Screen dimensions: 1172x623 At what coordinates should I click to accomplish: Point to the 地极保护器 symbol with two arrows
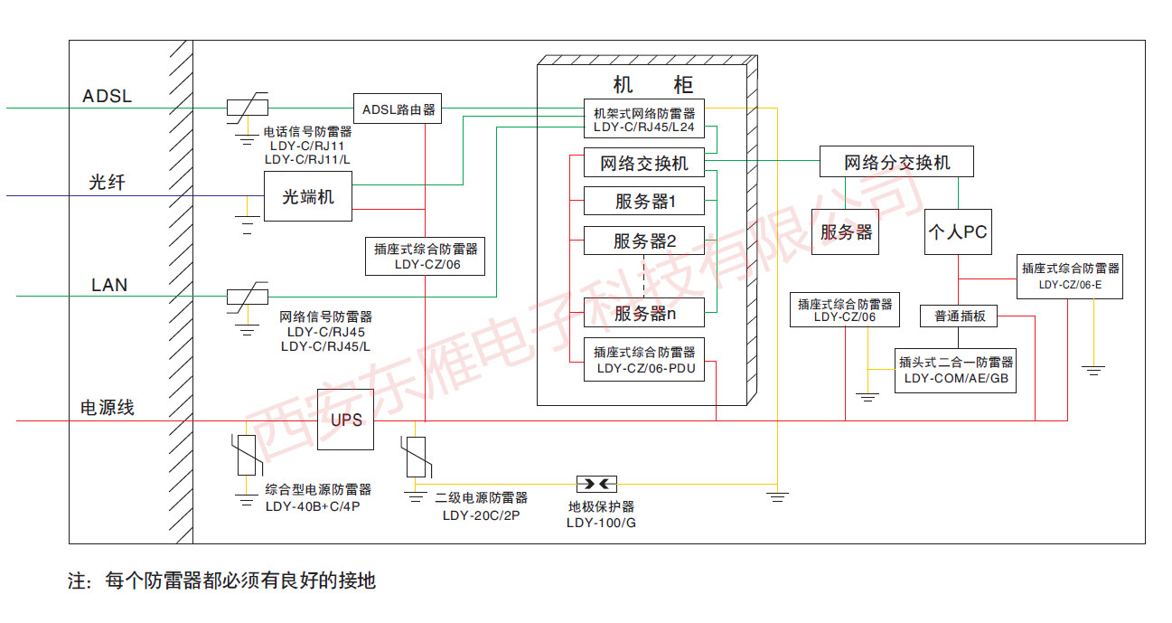pos(596,485)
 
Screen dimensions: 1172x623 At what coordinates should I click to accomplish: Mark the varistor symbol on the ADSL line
pos(248,108)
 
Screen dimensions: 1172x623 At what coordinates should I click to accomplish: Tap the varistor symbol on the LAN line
pos(248,297)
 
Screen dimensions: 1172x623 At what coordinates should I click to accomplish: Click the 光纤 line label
pos(108,182)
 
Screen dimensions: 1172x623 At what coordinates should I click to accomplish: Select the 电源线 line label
pos(108,407)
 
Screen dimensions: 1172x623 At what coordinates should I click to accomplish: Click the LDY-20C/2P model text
pos(482,515)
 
